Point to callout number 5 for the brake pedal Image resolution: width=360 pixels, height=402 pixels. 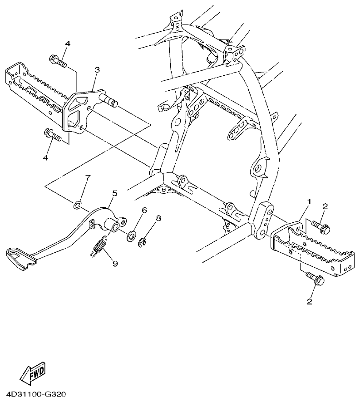coord(114,193)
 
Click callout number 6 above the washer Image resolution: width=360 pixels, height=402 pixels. coord(144,210)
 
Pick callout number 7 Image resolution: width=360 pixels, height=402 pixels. coord(88,176)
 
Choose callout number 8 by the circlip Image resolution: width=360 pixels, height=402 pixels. coord(158,218)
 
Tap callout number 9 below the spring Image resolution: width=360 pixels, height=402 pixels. coord(115,263)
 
